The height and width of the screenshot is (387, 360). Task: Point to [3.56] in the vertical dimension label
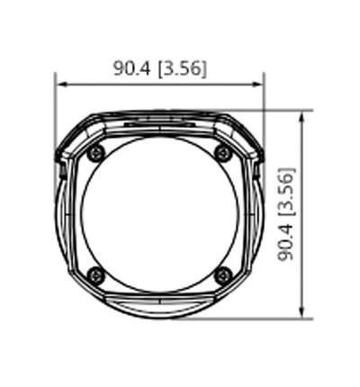tap(287, 190)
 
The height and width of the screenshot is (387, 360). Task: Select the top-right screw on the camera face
tap(223, 154)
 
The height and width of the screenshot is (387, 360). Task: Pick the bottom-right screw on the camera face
tap(223, 275)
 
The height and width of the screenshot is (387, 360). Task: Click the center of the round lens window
tap(160, 214)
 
